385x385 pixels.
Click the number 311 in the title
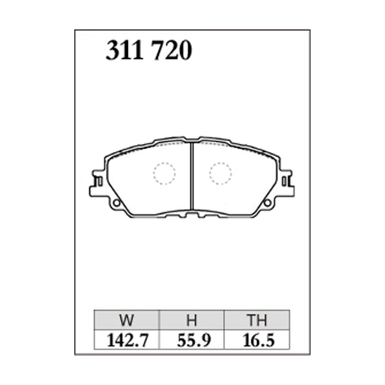[x=125, y=51]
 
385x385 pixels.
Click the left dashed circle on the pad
[x=165, y=173]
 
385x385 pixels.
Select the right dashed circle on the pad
[x=220, y=173]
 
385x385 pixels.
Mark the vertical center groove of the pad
[x=192, y=176]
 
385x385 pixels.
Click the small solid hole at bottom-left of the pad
[x=115, y=203]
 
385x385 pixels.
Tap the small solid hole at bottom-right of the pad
[x=268, y=203]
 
